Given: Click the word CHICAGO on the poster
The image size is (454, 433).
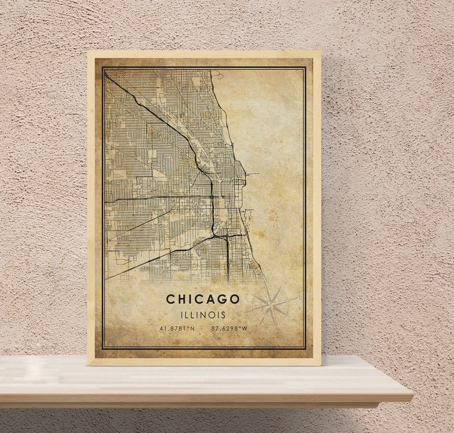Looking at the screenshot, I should pos(203,299).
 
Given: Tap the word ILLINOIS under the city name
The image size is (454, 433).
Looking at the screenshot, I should pos(203,315).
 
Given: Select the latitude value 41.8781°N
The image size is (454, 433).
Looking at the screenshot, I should pos(177,328).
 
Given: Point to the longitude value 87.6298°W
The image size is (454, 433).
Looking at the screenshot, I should pos(229,328).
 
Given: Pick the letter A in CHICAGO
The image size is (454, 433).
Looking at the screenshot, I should pos(208,299).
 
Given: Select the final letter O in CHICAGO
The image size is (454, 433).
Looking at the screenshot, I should pos(234,299).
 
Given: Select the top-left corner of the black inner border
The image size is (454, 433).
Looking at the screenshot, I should pos(103,67).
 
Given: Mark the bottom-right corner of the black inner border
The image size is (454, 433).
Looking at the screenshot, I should pos(306,348).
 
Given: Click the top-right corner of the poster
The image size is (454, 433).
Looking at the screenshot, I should pos(321,51).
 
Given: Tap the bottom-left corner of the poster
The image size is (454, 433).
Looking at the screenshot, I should pos(87,364).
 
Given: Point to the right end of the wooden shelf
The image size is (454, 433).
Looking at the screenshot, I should pos(412,394).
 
